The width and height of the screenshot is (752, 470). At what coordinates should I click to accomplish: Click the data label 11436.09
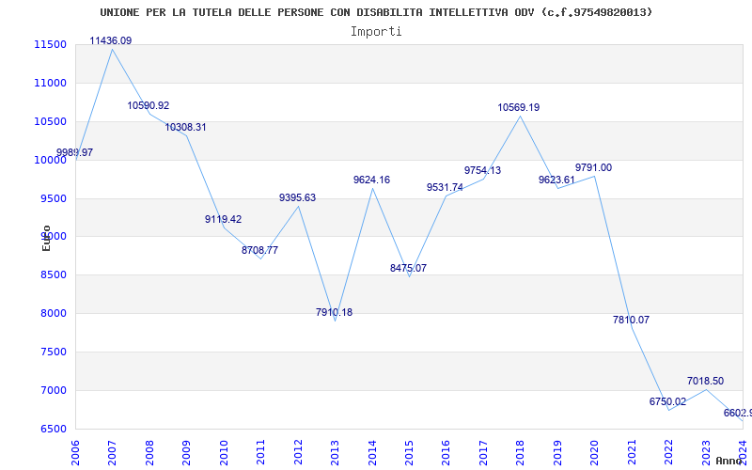[x=111, y=41]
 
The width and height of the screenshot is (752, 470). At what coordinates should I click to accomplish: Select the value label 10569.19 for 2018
[x=519, y=108]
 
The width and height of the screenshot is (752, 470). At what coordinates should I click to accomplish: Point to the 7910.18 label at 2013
[x=335, y=313]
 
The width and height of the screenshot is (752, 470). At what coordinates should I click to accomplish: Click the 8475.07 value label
[x=409, y=269]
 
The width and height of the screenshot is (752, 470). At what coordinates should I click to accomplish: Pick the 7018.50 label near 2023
[x=705, y=382]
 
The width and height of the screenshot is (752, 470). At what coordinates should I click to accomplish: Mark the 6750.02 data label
[x=667, y=402]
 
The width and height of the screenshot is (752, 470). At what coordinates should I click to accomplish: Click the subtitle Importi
[x=376, y=32]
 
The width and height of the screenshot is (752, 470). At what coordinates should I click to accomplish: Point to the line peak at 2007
[x=112, y=49]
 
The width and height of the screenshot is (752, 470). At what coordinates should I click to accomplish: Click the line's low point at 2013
[x=336, y=321]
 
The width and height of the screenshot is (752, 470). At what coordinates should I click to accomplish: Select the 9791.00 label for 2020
[x=593, y=168]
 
